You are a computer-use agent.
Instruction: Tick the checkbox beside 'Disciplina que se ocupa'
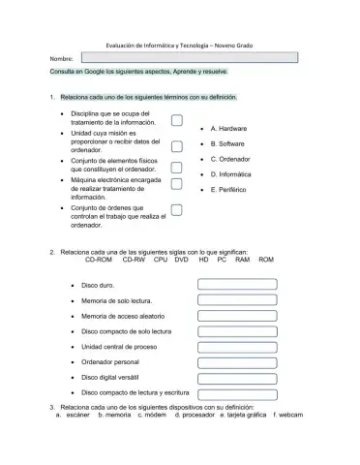[177, 121]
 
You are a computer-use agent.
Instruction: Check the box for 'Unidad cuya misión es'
[177, 146]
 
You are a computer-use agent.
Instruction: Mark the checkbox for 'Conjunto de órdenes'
[177, 210]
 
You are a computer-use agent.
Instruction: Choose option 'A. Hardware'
[228, 128]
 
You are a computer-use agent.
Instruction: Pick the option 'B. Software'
[227, 143]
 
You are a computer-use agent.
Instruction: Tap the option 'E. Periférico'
[229, 189]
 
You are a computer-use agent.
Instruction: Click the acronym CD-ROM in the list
[99, 260]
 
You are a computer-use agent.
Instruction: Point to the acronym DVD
[181, 260]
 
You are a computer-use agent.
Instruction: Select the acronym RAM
[242, 260]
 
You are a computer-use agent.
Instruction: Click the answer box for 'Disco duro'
[237, 285]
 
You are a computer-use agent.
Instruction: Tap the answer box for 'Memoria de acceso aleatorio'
[237, 316]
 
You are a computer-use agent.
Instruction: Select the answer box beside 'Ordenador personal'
[237, 361]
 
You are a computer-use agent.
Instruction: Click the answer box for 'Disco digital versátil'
[237, 377]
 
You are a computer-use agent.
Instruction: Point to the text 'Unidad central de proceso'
[119, 346]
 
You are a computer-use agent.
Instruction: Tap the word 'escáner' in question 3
[78, 415]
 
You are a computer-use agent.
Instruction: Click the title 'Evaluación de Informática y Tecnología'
[159, 45]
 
